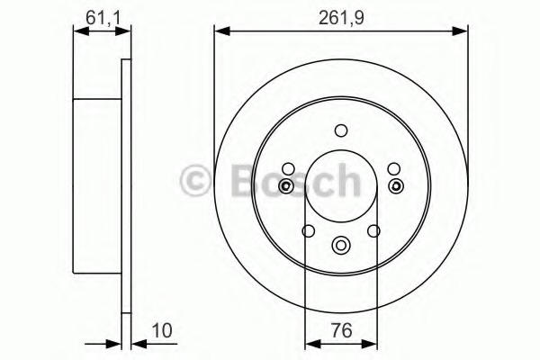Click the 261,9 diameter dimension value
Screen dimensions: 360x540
point(342,15)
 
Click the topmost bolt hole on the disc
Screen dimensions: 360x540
point(340,130)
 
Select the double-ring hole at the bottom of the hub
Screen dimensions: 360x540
point(340,244)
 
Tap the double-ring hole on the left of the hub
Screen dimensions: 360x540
point(285,187)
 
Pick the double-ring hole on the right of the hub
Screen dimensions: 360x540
point(396,187)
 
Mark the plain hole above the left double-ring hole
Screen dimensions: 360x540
point(287,168)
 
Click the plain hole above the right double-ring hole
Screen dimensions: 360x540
point(394,168)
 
